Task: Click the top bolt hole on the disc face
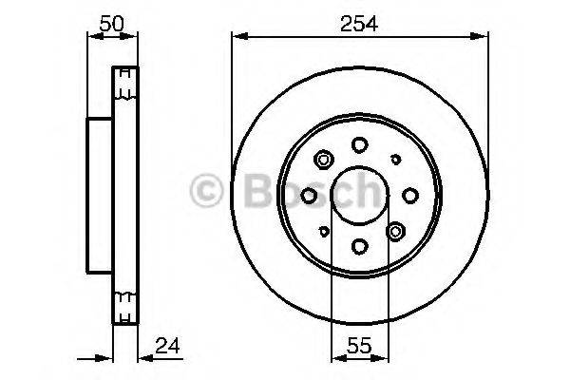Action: pyautogui.click(x=359, y=144)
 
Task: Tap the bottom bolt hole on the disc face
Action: pyautogui.click(x=359, y=246)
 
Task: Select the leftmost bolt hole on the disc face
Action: pyautogui.click(x=309, y=195)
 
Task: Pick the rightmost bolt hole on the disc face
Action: pyautogui.click(x=410, y=195)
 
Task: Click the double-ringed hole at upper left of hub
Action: pyautogui.click(x=323, y=159)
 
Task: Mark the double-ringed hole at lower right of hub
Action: pyautogui.click(x=396, y=231)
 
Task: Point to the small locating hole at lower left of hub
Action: pyautogui.click(x=324, y=230)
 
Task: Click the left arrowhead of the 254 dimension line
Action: pyautogui.click(x=237, y=37)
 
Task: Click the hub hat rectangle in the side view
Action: pyautogui.click(x=100, y=195)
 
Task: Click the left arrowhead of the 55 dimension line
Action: pyautogui.click(x=335, y=358)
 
